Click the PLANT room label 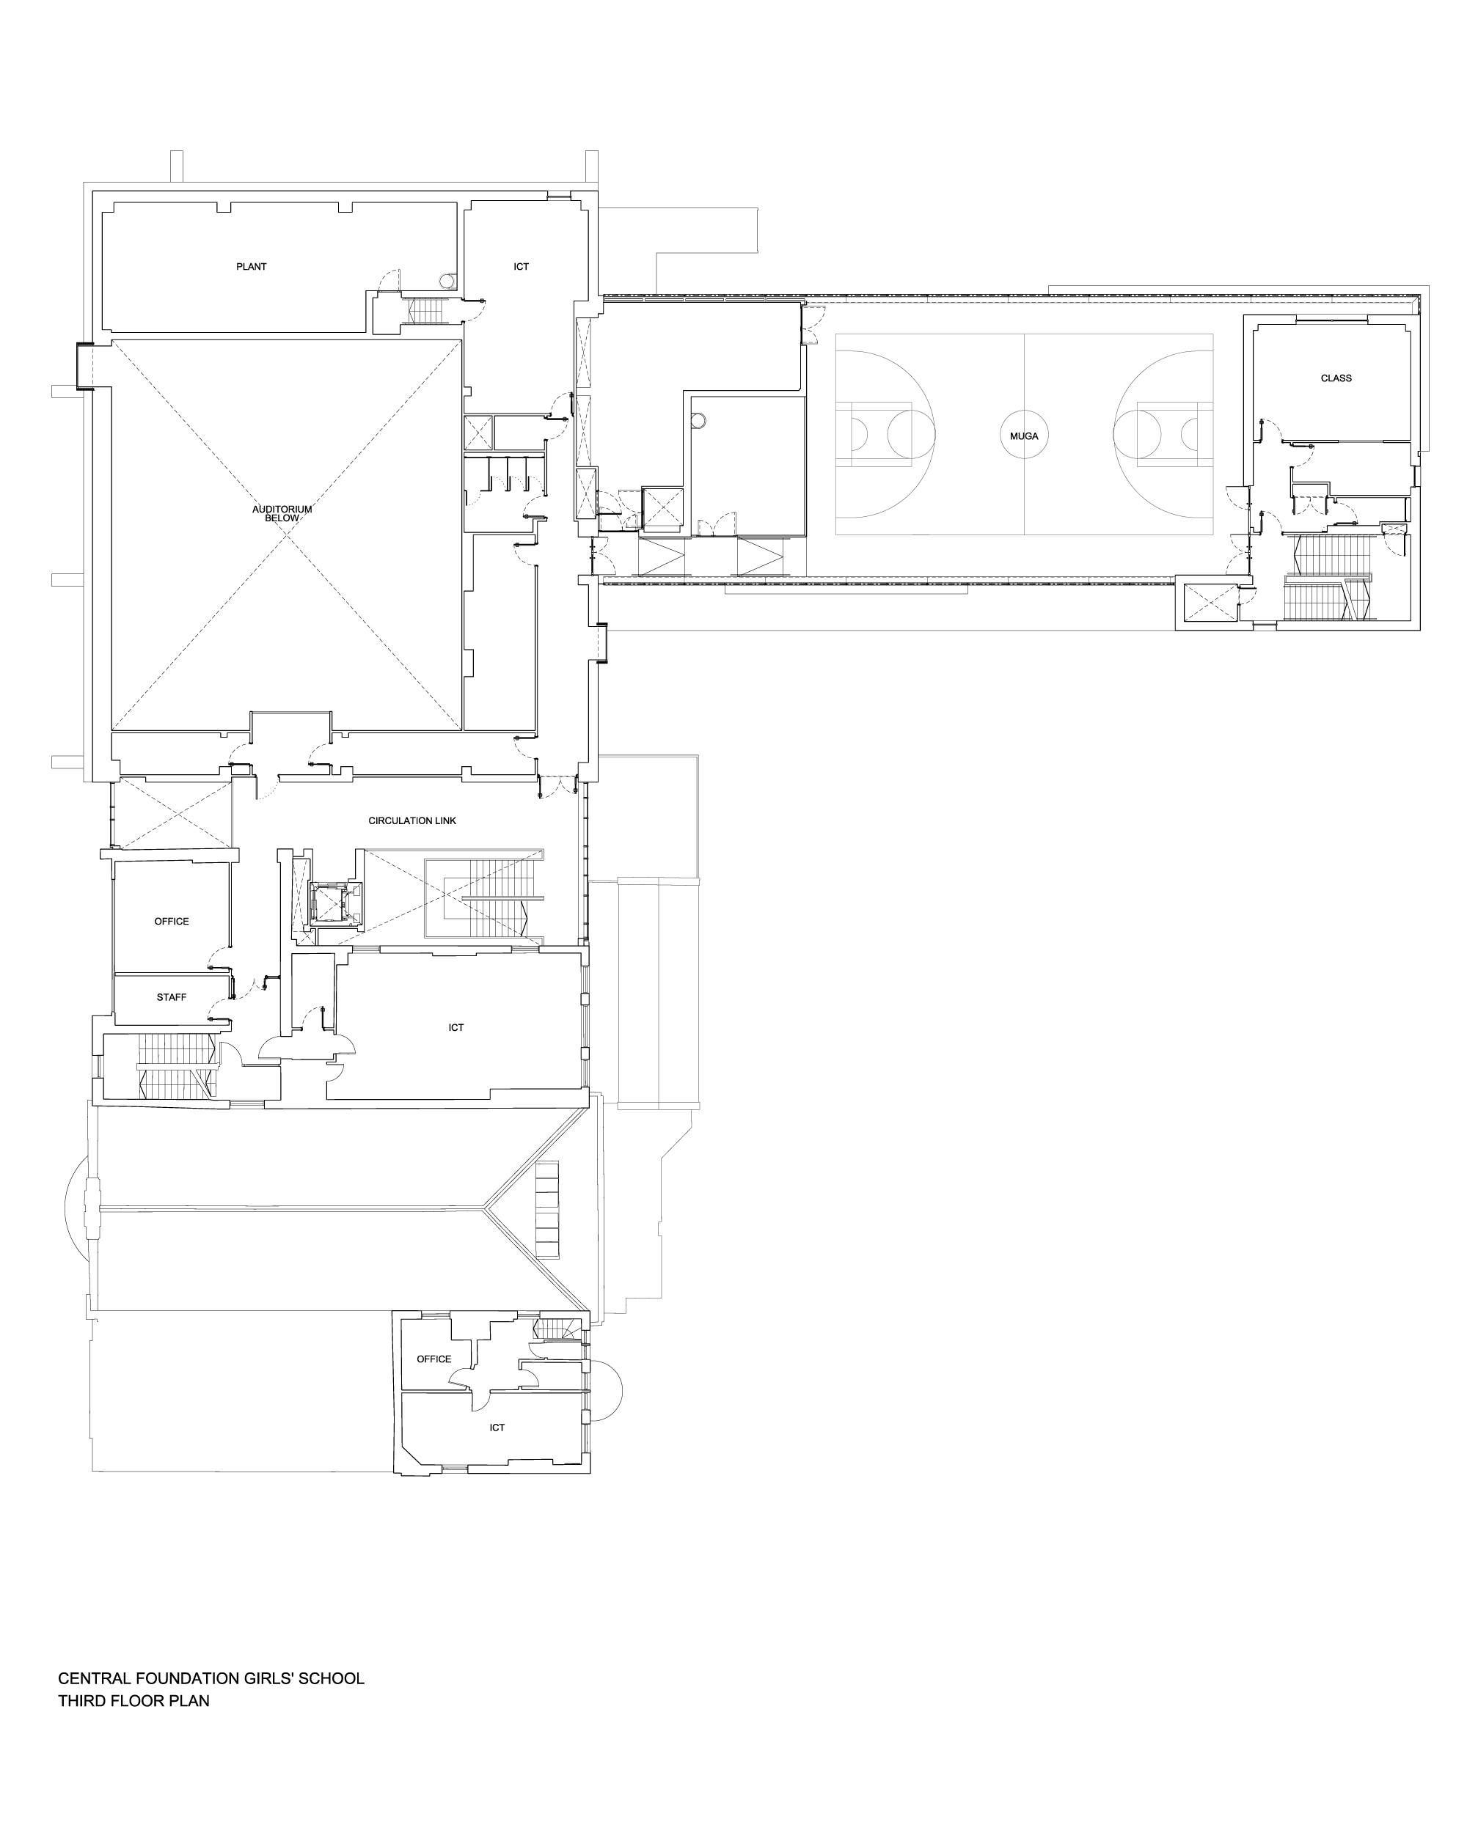click(x=251, y=267)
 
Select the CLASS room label click(x=1336, y=378)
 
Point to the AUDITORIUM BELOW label click(x=282, y=513)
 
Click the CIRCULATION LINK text click(x=412, y=820)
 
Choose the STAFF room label click(x=171, y=997)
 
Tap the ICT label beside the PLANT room click(x=522, y=267)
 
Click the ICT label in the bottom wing click(x=497, y=1428)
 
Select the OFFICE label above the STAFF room click(x=172, y=922)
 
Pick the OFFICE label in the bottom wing click(x=433, y=1359)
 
